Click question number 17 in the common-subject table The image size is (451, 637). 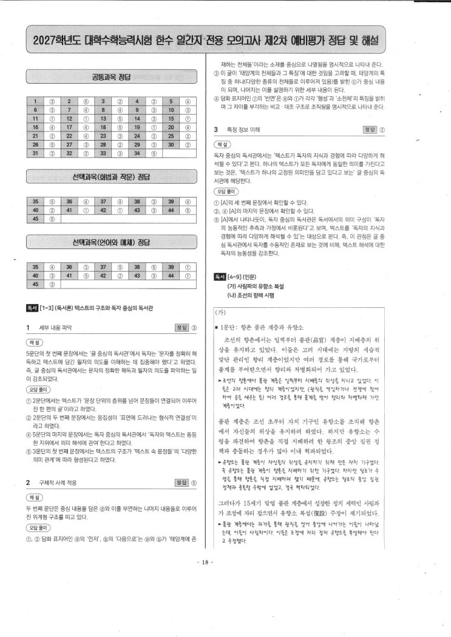coord(70,128)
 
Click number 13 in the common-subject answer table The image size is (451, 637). coord(104,119)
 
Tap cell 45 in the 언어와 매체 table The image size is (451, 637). coord(36,283)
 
